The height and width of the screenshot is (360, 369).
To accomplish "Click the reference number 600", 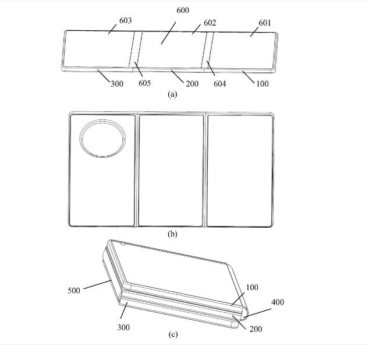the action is tap(183, 10).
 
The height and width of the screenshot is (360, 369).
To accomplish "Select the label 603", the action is tap(126, 21).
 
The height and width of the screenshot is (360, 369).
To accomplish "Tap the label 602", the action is tap(210, 23).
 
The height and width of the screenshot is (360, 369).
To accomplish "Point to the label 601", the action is tap(265, 23).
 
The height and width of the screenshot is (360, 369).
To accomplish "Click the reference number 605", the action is tap(144, 83).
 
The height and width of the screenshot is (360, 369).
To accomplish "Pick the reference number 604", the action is tap(219, 84).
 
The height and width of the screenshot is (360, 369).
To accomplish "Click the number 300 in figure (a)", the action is tap(117, 84).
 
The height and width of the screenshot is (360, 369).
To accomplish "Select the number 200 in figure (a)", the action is tap(192, 84).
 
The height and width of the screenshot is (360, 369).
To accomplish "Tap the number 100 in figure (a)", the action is tap(262, 84).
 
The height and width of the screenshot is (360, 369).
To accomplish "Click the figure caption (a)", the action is tap(172, 94).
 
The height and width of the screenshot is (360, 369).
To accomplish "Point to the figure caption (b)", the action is tap(172, 234).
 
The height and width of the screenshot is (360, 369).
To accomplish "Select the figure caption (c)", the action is tap(173, 334).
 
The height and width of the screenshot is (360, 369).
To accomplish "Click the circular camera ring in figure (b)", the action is tap(102, 120).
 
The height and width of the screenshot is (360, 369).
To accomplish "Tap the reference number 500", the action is tap(74, 291).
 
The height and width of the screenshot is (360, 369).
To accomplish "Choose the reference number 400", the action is tap(278, 302).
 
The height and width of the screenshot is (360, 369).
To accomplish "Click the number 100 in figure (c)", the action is tap(252, 287).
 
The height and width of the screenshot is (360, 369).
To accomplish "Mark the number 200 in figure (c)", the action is tap(256, 329).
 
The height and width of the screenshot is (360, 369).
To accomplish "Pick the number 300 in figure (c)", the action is tap(123, 327).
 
